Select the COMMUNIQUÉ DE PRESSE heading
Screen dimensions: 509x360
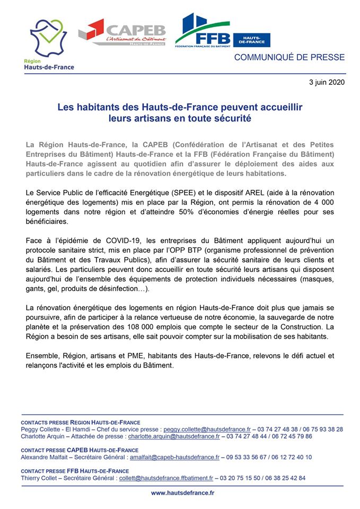289,57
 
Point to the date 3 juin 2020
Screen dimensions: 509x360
327,82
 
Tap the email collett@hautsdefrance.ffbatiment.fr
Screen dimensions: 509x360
170,478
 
